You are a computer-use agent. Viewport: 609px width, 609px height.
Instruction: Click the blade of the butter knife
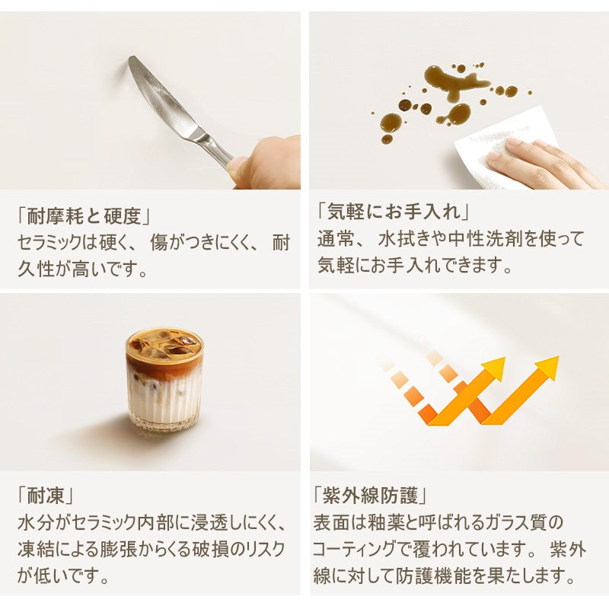pyautogui.click(x=156, y=95)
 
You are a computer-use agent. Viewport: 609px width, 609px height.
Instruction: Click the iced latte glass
pyautogui.click(x=164, y=381)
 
